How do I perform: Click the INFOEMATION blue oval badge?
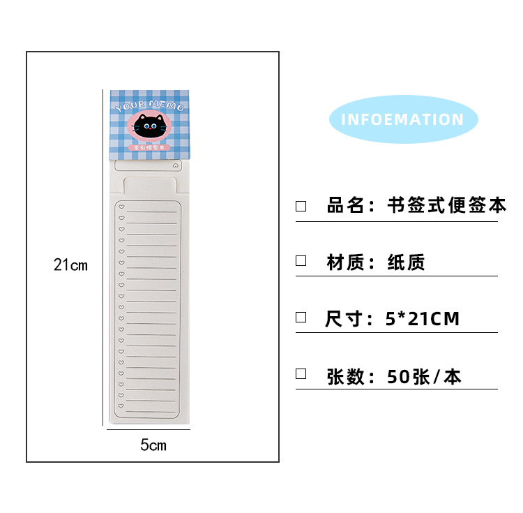[402, 119]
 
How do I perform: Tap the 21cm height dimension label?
[71, 265]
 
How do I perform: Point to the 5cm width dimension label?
[153, 445]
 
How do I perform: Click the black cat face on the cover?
[151, 126]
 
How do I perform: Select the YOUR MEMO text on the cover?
[150, 107]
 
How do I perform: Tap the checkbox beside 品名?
[301, 206]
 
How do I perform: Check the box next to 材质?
[301, 261]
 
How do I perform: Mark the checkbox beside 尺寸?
[301, 317]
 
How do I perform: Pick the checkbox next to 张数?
[301, 373]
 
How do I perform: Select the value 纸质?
[407, 262]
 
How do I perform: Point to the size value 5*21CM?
[423, 319]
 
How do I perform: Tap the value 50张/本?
[424, 377]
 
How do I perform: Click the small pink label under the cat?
[151, 148]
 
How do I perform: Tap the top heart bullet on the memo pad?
[121, 207]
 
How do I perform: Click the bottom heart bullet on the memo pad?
[121, 404]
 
